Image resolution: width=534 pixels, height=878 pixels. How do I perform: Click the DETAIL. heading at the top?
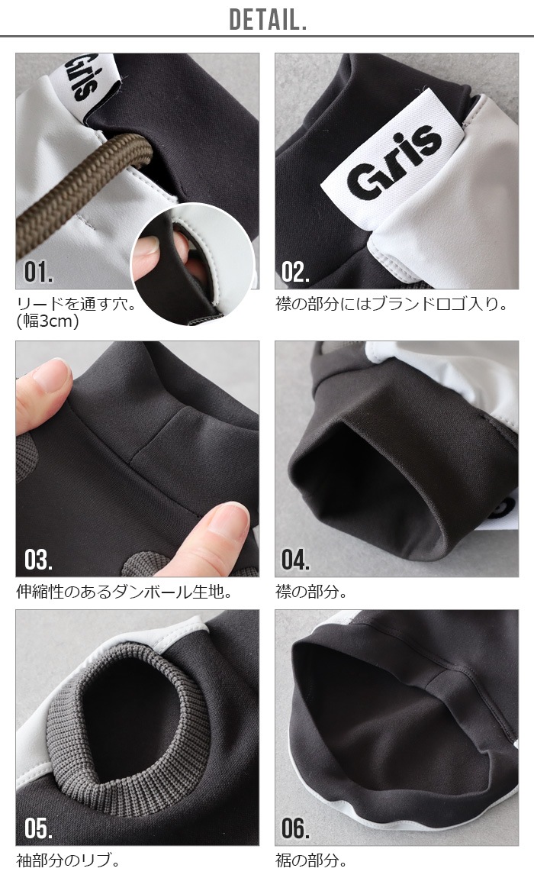tap(268, 20)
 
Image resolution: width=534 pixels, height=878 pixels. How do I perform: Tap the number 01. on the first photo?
tap(39, 272)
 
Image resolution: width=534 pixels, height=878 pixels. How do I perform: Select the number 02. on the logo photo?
tap(295, 272)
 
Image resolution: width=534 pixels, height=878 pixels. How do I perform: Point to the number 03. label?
tap(39, 560)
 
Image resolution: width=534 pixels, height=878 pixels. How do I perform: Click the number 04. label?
tap(295, 560)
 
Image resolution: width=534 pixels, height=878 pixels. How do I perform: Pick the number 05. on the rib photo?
tap(39, 828)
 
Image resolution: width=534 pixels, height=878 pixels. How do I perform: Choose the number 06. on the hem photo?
tap(295, 828)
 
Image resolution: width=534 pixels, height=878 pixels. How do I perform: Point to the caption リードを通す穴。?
tap(76, 304)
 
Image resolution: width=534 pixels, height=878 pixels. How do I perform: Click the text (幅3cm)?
tap(48, 321)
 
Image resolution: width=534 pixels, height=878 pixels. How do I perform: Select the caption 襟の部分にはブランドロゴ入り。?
tap(392, 304)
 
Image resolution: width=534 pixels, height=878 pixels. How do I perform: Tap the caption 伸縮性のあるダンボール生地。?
tap(124, 591)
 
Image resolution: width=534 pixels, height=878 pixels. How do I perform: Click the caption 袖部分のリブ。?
tap(69, 860)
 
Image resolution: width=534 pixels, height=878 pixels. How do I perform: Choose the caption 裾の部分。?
tap(311, 860)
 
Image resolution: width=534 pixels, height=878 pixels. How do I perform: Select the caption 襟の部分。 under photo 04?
tap(311, 591)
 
